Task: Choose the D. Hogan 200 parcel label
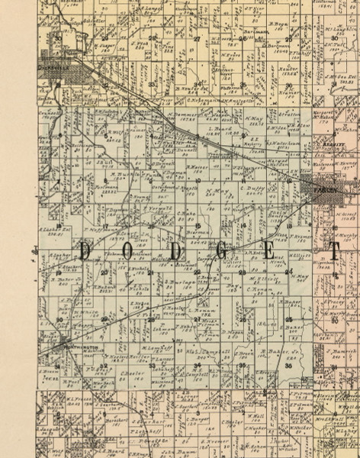point(233,333)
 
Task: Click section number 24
point(289,271)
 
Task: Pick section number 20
point(104,272)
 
